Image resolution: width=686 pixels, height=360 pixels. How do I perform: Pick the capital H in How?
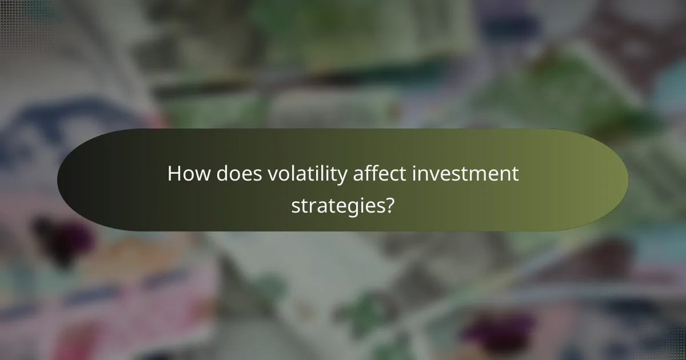point(174,174)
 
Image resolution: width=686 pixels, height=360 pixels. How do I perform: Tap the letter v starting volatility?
point(273,176)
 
